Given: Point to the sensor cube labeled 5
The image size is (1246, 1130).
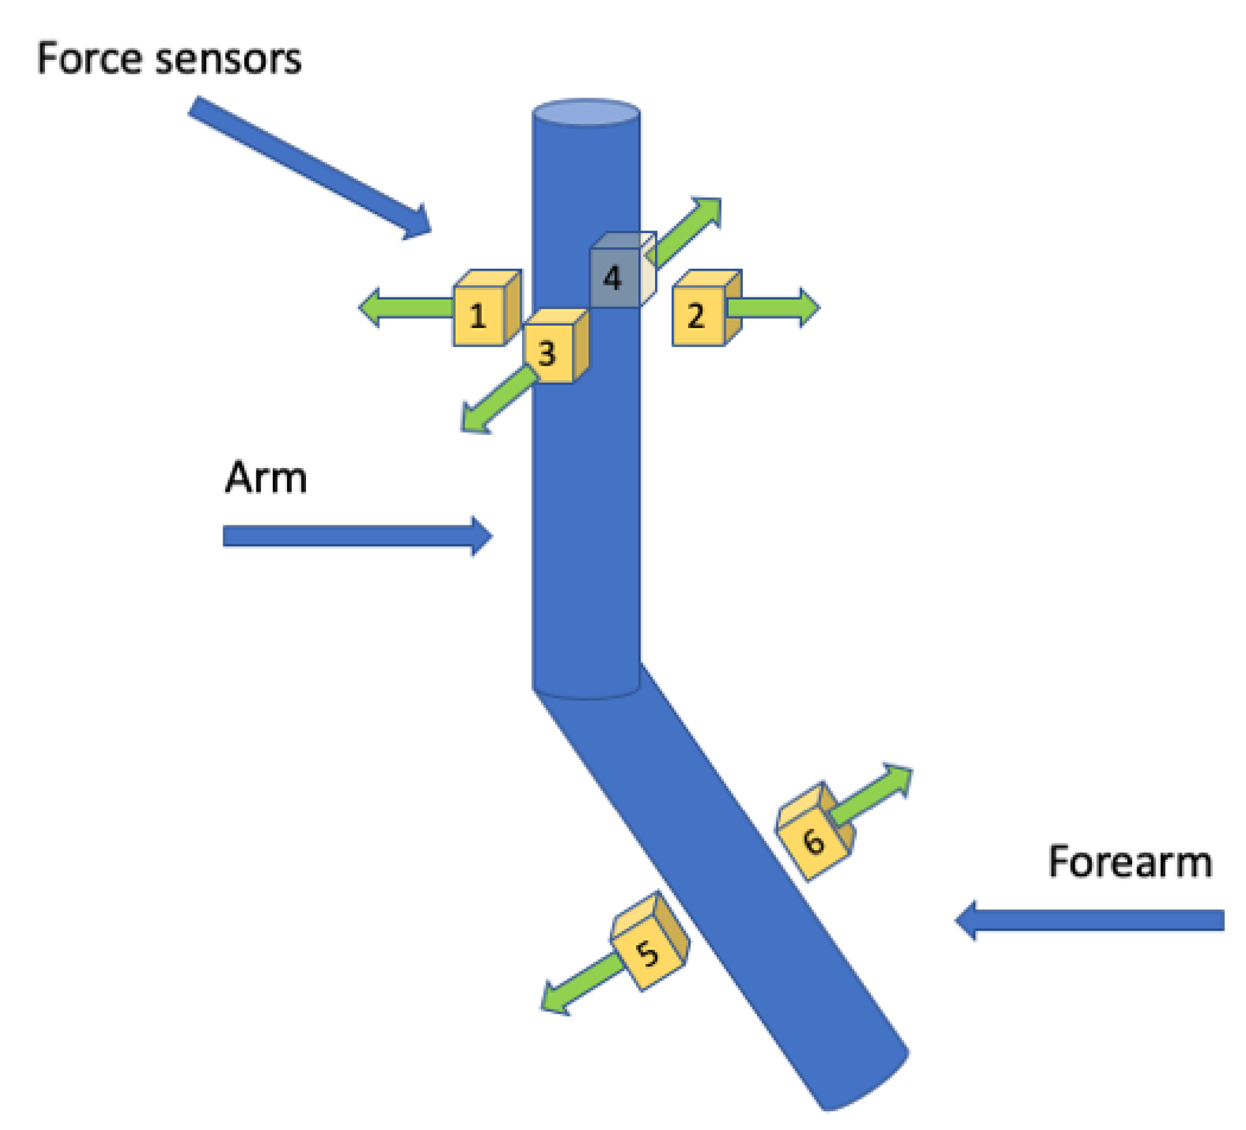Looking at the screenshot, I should point(647,950).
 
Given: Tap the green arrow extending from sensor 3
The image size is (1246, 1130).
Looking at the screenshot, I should point(498,400).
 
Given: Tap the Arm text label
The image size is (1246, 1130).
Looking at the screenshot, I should point(266,478).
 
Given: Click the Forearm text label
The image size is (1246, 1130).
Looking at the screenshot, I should point(1129,862).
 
